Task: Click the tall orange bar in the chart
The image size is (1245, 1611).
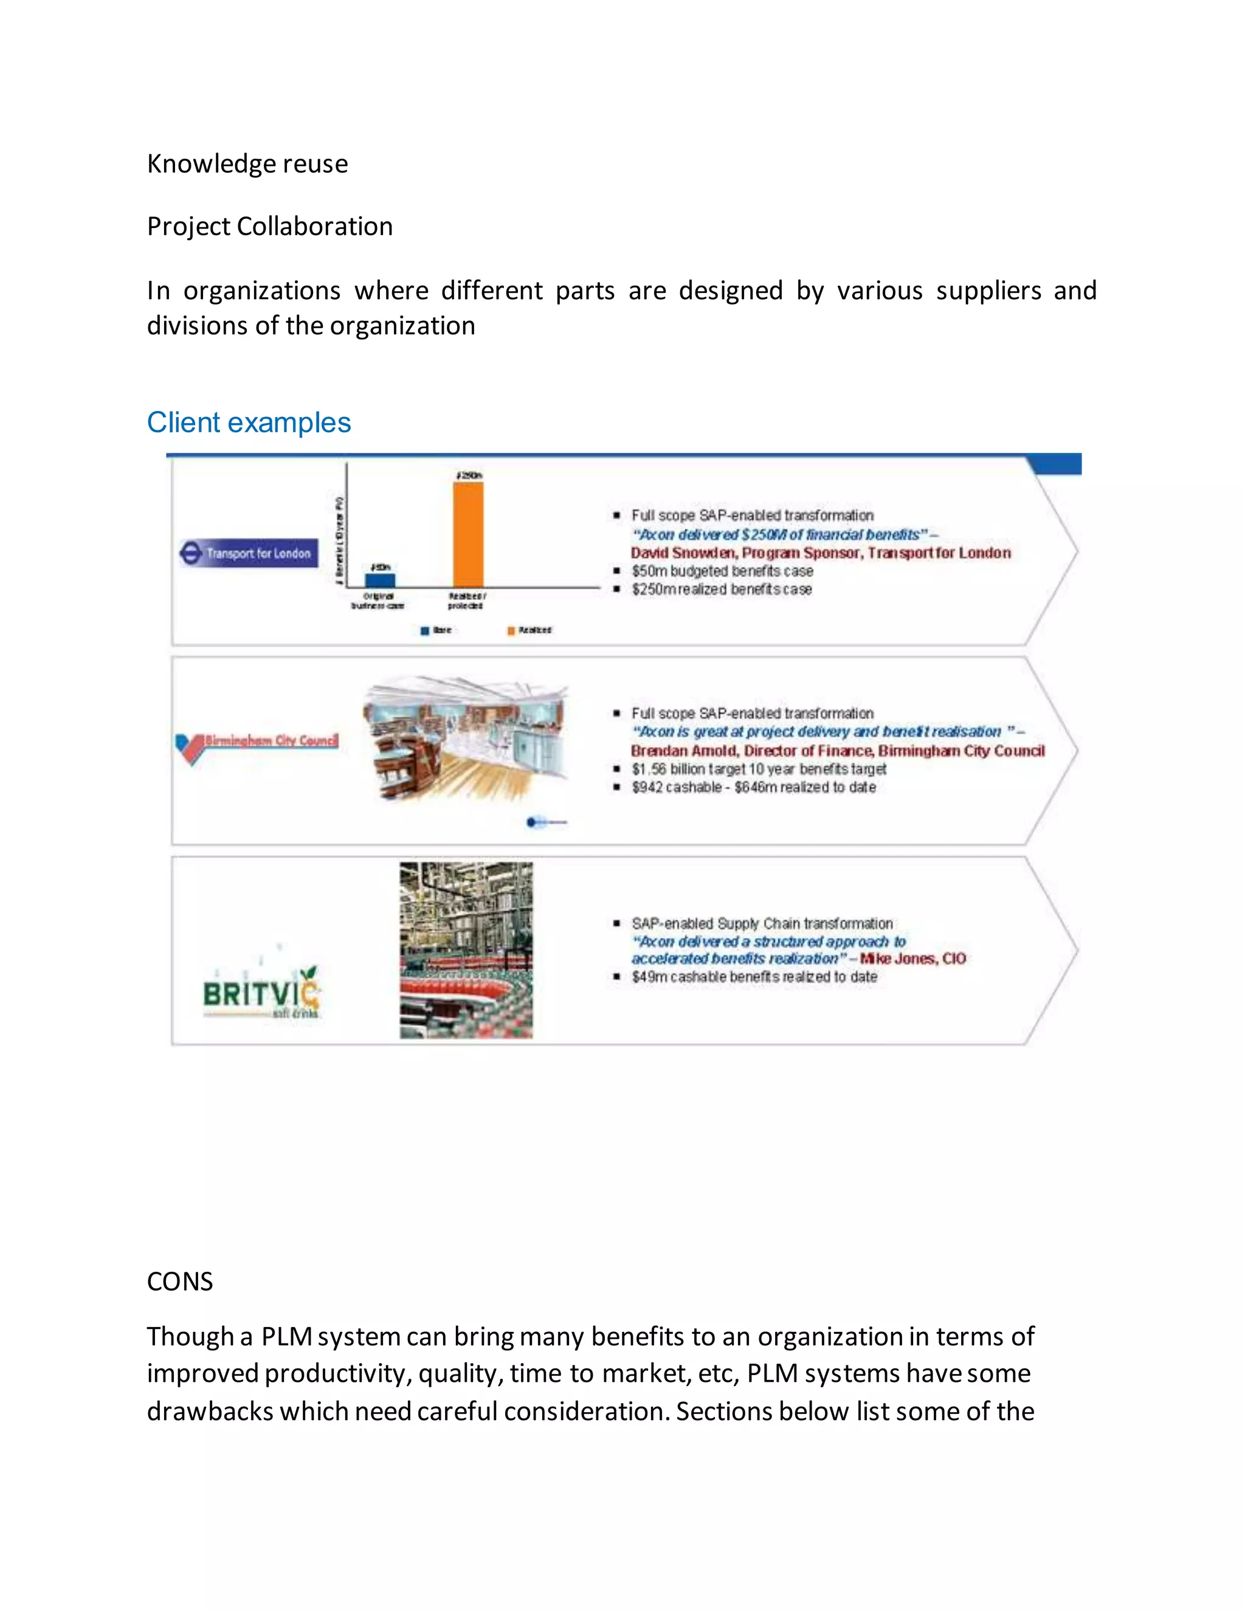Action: point(467,534)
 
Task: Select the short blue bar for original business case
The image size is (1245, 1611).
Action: point(380,580)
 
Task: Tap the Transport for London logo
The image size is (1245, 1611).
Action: point(249,553)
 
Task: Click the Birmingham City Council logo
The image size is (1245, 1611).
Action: point(257,743)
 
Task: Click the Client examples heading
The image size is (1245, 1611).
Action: point(249,423)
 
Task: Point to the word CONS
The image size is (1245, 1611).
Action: point(179,1282)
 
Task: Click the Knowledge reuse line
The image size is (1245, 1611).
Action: point(247,164)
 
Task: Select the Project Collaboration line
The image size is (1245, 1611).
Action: point(269,227)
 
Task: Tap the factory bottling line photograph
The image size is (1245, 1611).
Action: point(466,950)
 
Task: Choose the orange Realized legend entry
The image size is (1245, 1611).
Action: point(529,630)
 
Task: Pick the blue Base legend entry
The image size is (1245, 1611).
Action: point(436,630)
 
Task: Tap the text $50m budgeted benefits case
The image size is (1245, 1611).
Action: point(722,571)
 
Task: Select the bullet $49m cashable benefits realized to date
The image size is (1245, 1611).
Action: point(754,977)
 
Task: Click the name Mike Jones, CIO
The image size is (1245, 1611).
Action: point(912,958)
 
